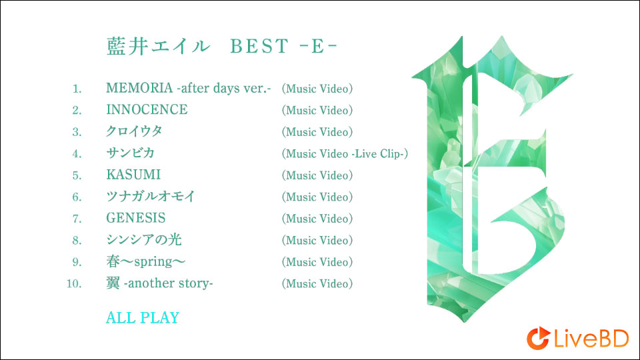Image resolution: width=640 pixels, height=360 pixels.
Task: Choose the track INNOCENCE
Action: tap(147, 110)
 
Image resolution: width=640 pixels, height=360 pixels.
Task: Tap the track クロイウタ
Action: tap(134, 131)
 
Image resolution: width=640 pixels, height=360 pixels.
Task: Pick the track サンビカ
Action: tap(131, 153)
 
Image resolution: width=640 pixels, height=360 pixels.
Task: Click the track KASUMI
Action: tap(133, 175)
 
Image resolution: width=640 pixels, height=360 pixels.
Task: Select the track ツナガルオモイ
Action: tap(151, 197)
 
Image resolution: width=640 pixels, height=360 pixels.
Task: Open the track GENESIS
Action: tap(136, 218)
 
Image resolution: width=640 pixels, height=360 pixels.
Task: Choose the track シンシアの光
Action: tap(144, 240)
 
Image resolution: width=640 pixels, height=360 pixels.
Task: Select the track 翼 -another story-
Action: tap(159, 283)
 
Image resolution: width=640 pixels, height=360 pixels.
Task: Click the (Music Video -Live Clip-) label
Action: tap(345, 154)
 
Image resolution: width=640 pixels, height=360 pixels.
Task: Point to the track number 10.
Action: tap(74, 284)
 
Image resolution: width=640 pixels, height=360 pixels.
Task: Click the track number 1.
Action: tap(77, 89)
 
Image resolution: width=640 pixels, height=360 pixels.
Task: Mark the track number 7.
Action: tap(77, 219)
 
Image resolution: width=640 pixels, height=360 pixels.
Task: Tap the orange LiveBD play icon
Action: tap(537, 339)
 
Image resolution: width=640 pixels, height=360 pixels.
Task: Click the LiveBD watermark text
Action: tap(589, 339)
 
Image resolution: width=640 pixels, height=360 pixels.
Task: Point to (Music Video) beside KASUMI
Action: tap(317, 175)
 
